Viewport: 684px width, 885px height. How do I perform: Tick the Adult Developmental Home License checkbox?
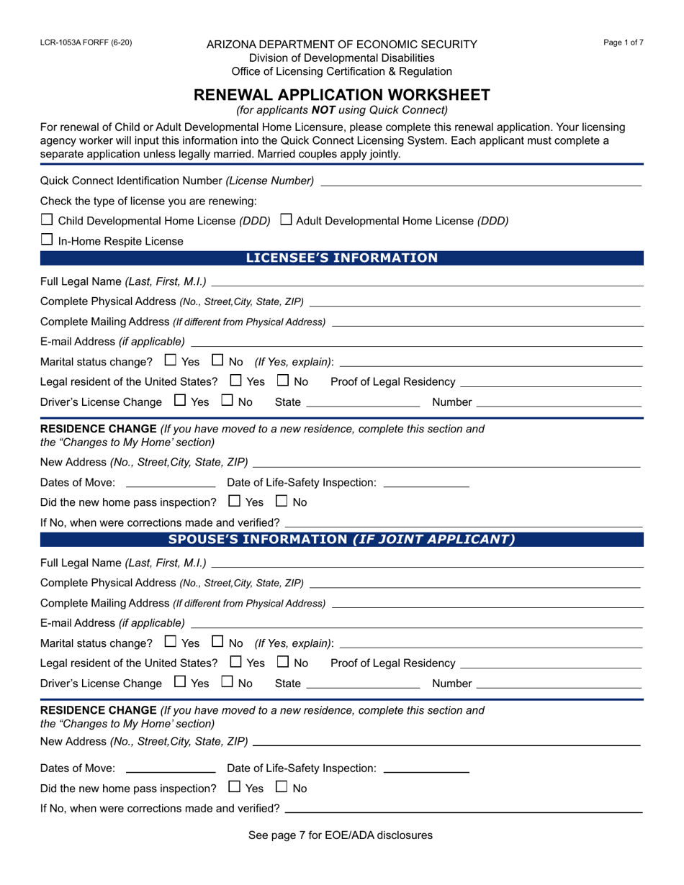point(285,220)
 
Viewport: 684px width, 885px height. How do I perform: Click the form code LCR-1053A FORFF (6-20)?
point(86,42)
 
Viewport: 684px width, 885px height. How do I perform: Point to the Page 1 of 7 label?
point(624,42)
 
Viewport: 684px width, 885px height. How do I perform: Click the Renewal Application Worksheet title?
point(342,95)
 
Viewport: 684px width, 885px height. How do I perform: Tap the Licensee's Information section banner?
point(342,258)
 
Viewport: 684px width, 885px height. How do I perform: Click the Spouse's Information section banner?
point(342,539)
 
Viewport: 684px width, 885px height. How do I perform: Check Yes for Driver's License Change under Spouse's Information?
point(180,682)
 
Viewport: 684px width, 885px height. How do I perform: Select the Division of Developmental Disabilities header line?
point(342,58)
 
